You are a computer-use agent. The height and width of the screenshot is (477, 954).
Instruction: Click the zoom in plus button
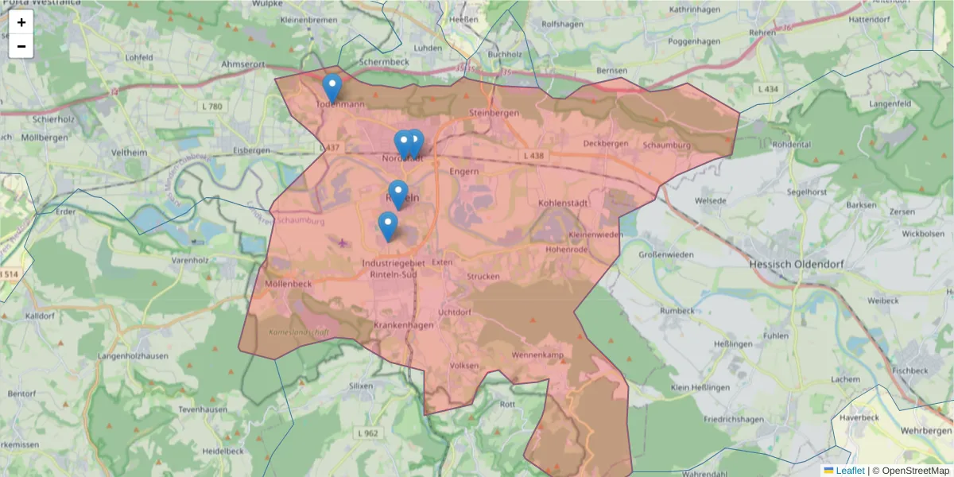[21, 22]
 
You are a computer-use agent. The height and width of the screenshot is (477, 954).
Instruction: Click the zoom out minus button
[21, 46]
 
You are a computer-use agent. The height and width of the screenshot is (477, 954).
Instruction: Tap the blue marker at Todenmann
[332, 87]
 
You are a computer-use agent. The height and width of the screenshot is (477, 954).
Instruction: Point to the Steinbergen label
[493, 113]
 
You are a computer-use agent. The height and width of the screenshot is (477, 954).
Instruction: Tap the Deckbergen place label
[605, 144]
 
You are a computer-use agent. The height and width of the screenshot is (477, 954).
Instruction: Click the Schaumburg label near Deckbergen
[667, 145]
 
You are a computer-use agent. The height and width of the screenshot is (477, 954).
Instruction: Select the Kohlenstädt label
[563, 203]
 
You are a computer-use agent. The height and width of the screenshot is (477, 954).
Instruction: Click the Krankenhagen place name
[403, 325]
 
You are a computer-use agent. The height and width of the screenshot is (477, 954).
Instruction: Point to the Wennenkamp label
[537, 355]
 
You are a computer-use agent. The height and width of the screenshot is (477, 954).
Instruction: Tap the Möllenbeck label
[289, 283]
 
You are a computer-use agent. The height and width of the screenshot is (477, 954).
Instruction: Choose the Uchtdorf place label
[455, 312]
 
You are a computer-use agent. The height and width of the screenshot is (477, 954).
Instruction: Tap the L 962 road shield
[368, 433]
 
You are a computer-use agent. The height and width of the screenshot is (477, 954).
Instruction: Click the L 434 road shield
[768, 89]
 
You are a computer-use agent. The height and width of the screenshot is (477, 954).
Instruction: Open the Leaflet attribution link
[850, 471]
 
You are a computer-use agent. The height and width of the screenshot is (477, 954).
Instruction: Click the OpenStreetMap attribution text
[915, 471]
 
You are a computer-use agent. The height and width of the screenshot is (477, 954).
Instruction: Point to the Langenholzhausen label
[134, 356]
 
